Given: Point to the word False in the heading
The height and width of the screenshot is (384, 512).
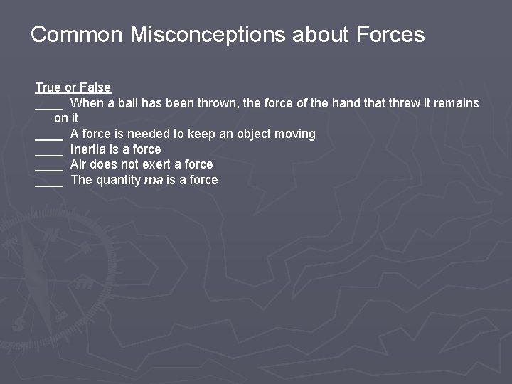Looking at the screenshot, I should (x=95, y=87).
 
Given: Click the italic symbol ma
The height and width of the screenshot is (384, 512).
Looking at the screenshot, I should (x=154, y=180).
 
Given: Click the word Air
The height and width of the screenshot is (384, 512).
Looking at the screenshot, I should (x=79, y=164).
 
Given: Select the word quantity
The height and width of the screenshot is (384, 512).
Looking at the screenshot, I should (x=118, y=180).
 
